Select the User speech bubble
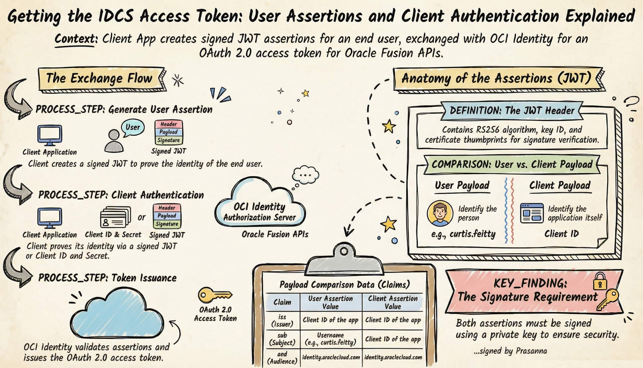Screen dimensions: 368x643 tap(133, 127)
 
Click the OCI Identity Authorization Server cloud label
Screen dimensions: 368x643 tap(259, 212)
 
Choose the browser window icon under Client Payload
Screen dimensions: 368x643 tap(532, 213)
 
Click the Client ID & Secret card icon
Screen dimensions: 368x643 tap(115, 217)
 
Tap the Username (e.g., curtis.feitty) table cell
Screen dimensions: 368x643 tap(331, 339)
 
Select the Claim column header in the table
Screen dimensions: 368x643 tap(282, 302)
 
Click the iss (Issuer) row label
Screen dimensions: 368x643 tap(282, 320)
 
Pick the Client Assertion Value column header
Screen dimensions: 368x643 tap(393, 302)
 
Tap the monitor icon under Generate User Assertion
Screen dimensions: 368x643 tap(50, 135)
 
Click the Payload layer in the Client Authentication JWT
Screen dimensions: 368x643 tap(167, 216)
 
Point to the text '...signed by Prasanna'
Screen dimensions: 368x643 tap(510, 351)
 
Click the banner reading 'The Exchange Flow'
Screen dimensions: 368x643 tap(99, 78)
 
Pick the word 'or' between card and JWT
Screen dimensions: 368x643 tap(142, 217)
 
